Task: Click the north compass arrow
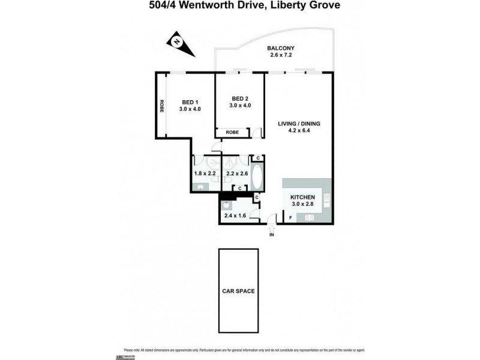178,43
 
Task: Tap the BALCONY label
281,50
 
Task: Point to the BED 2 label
239,98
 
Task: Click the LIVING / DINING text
299,124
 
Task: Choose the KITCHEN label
302,197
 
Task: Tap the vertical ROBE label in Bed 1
161,106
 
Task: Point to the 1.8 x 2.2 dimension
205,173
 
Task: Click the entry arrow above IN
271,227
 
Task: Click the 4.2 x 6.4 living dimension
299,131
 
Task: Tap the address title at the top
239,5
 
